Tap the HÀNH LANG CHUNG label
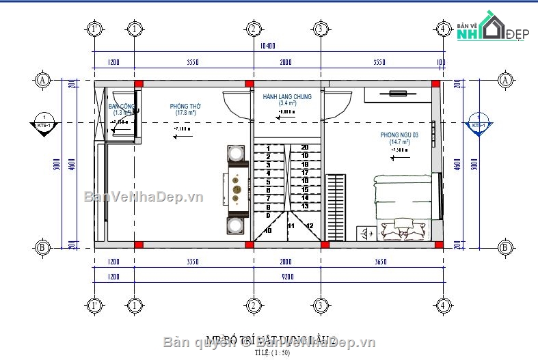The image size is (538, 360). point(287,97)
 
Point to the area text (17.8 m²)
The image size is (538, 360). point(184,113)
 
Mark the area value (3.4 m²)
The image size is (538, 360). point(287,104)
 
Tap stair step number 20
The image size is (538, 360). point(304,148)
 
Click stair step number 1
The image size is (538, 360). point(268,148)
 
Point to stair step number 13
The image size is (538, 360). point(304,206)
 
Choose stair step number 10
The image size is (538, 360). point(267,231)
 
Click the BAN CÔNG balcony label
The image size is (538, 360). point(121,107)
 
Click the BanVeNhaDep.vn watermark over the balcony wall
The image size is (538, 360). point(144,198)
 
